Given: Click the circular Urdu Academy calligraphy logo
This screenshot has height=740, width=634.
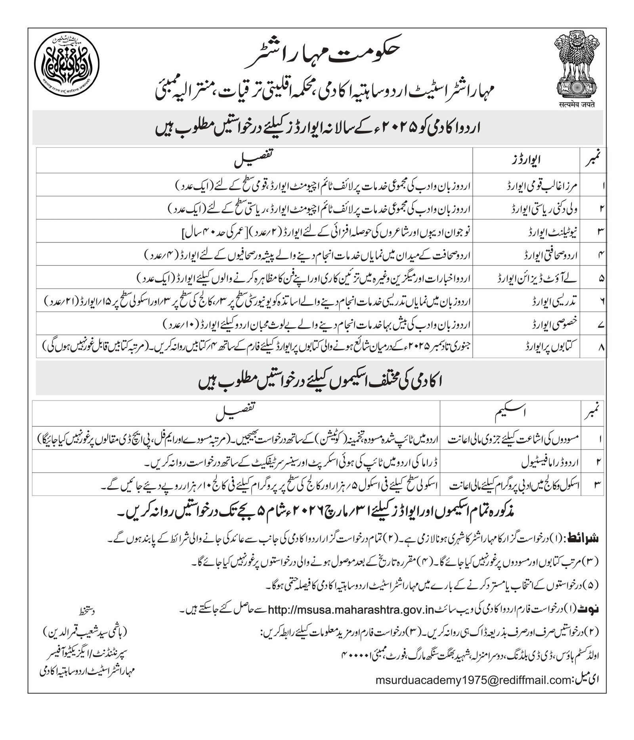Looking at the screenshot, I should [66, 66].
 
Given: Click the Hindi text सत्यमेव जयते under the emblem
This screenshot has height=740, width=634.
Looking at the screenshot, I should [575, 105].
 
